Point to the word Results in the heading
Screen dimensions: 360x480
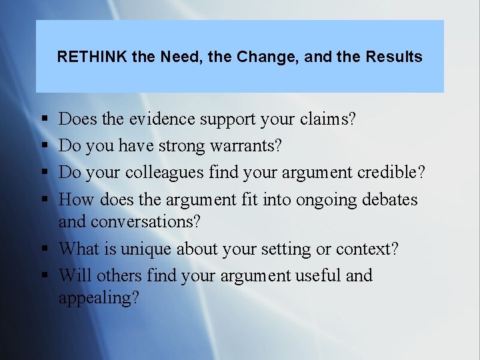(393, 57)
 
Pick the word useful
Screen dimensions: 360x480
(317, 275)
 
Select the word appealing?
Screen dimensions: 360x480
(99, 298)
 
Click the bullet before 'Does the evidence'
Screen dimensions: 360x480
(43, 120)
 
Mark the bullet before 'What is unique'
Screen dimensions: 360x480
(43, 250)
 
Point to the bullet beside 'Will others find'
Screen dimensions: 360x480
(43, 276)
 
